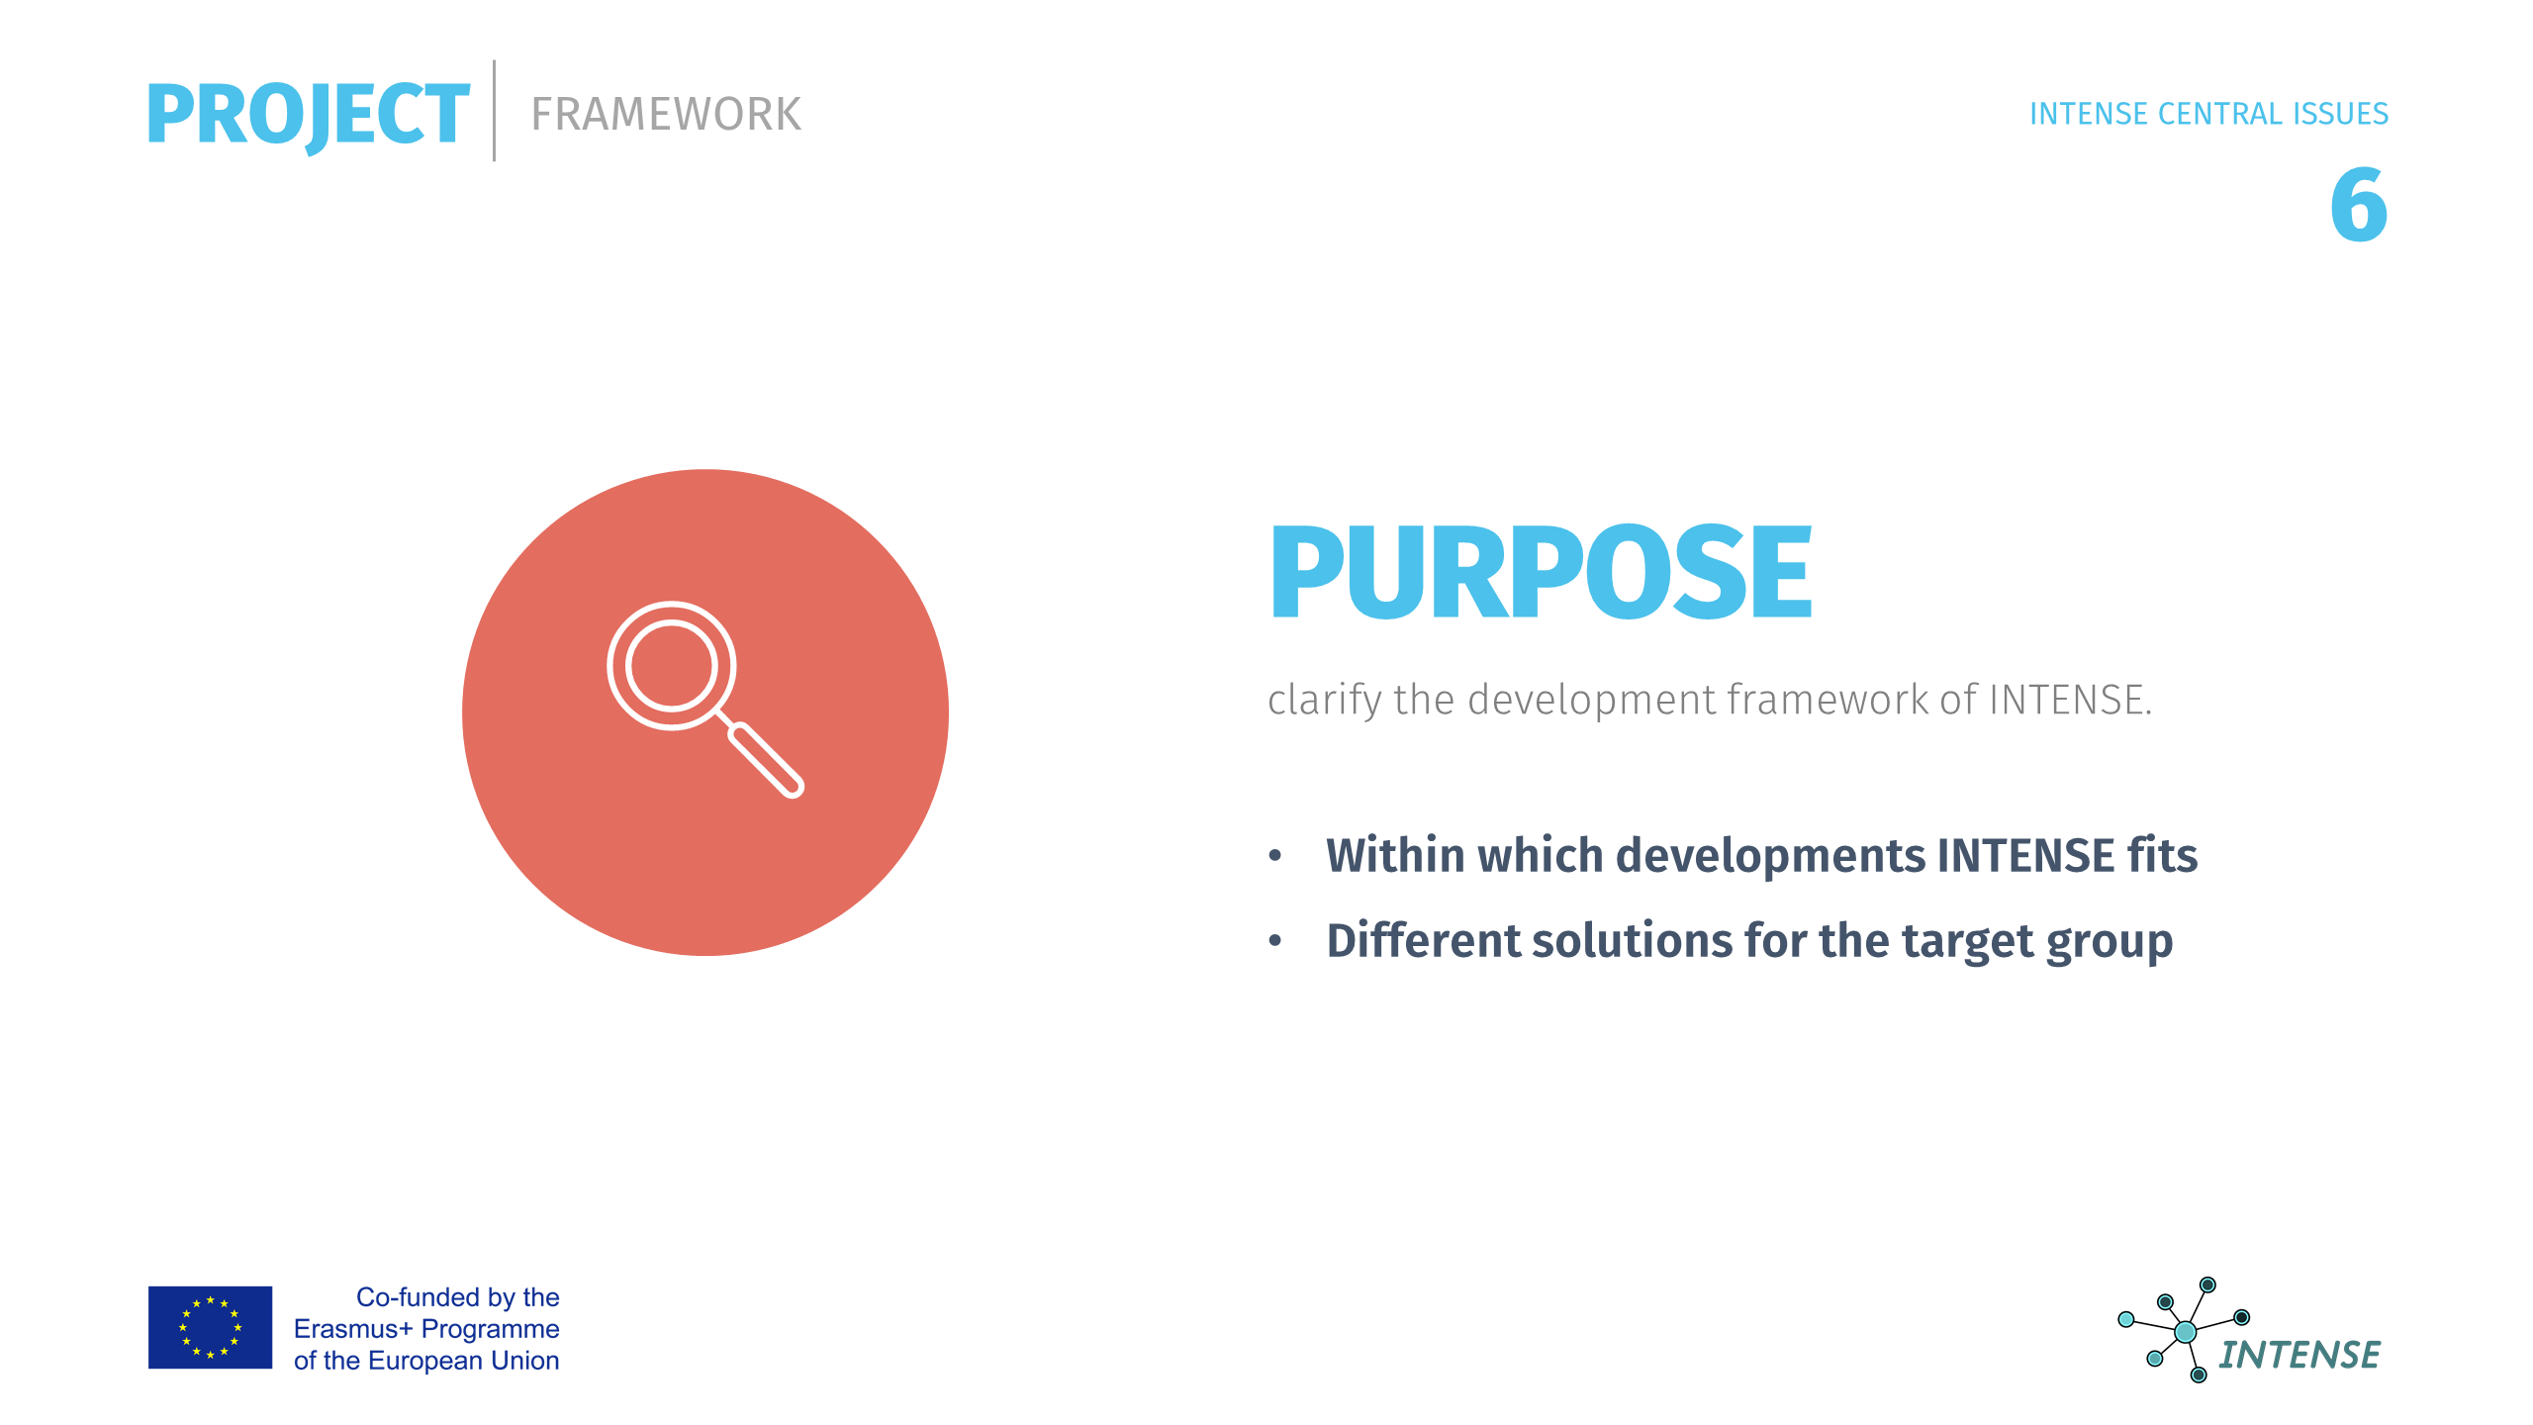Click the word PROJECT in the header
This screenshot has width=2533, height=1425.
[x=308, y=116]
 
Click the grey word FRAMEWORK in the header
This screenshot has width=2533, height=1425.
[x=666, y=115]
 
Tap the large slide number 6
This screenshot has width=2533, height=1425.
[x=2359, y=205]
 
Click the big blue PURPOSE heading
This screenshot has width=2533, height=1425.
[x=1541, y=572]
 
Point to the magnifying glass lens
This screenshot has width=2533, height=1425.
[x=671, y=665]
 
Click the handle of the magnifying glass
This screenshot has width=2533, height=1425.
[x=766, y=760]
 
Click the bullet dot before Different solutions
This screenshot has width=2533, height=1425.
[x=1275, y=941]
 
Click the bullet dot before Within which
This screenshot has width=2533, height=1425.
[x=1275, y=856]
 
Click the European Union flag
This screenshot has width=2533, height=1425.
[x=210, y=1327]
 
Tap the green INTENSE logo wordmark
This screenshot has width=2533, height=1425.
[x=2299, y=1355]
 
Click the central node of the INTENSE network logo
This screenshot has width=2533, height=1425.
[x=2186, y=1332]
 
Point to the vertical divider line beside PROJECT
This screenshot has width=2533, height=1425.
[x=494, y=111]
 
